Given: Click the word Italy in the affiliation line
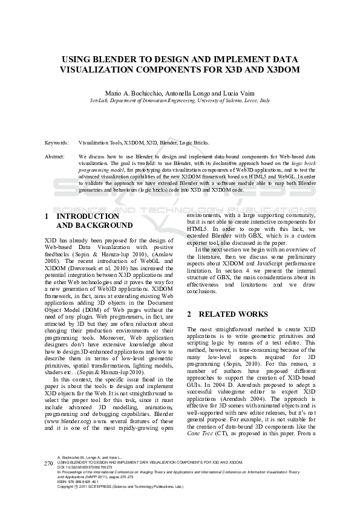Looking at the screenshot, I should pos(264,100).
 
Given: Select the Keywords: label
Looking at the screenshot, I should pos(56,143).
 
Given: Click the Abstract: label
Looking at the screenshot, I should pos(55,157).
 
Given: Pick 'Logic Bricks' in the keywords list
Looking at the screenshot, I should pos(195,143).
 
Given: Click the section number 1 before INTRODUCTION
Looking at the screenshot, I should pos(47,216).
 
